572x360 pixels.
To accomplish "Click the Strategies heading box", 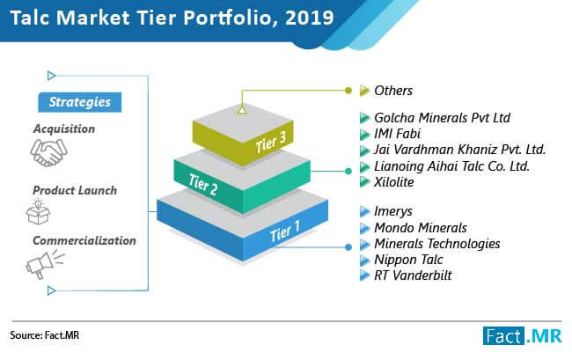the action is (x=80, y=102).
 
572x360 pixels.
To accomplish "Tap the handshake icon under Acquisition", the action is (x=48, y=153).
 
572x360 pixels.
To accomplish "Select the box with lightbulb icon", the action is (x=38, y=212).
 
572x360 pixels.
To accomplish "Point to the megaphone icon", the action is (x=45, y=264).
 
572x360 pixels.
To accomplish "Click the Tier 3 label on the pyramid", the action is (x=271, y=142).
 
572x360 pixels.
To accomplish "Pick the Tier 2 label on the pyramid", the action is (x=203, y=184).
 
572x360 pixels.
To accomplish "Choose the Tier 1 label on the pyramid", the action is (x=285, y=231).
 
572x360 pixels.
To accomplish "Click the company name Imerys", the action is (x=393, y=211).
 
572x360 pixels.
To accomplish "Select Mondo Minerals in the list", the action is (x=421, y=228).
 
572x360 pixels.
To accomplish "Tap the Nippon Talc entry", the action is (x=408, y=260).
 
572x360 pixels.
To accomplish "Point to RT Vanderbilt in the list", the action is (x=413, y=276).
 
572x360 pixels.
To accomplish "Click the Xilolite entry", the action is (x=394, y=181).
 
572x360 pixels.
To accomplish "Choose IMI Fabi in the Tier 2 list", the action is (x=397, y=134).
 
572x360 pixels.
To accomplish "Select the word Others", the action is (x=393, y=91).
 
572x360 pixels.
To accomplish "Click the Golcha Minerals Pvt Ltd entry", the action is (x=442, y=117).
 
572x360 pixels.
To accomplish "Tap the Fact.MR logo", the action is (x=523, y=335).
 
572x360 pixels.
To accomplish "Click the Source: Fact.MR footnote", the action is (x=45, y=335).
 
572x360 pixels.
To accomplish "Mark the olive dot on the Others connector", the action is (x=348, y=90).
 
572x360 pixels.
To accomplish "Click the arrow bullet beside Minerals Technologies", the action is (x=364, y=244).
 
